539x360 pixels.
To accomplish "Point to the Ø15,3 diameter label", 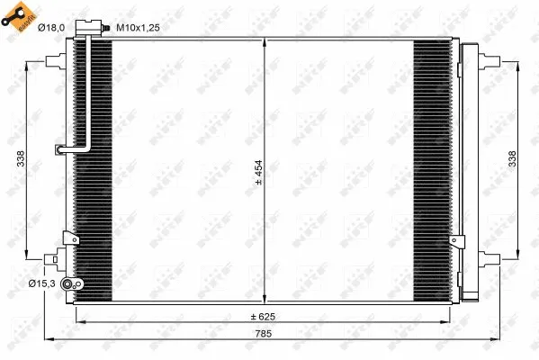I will pyautogui.click(x=41, y=284).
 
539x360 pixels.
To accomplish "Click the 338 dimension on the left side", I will pyautogui.click(x=20, y=158).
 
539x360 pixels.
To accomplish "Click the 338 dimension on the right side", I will pyautogui.click(x=514, y=158).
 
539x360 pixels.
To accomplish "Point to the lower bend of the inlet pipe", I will pyautogui.click(x=81, y=149).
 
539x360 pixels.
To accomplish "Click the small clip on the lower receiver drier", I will pyautogui.click(x=459, y=242).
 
